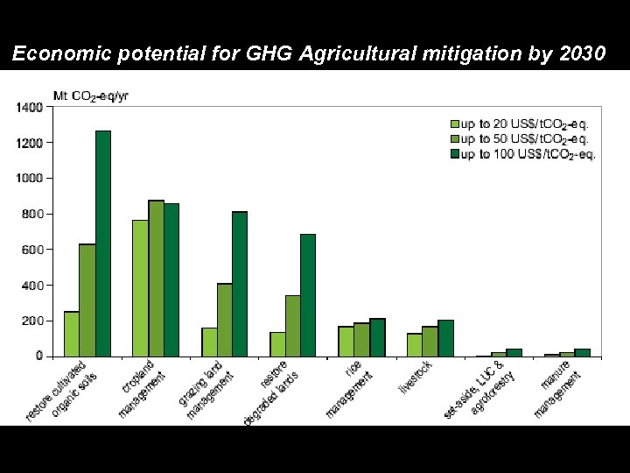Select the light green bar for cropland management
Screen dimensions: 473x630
pyautogui.click(x=140, y=288)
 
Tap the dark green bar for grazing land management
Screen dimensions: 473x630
pyautogui.click(x=240, y=284)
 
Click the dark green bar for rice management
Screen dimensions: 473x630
pyautogui.click(x=377, y=337)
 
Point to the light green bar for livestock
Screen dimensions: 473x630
pyautogui.click(x=415, y=344)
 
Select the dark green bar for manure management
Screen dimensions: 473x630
pyautogui.click(x=582, y=352)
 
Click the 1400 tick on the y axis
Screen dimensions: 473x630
pyautogui.click(x=28, y=107)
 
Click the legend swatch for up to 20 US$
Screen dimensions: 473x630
pyautogui.click(x=454, y=124)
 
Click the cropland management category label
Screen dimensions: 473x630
pyautogui.click(x=143, y=387)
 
